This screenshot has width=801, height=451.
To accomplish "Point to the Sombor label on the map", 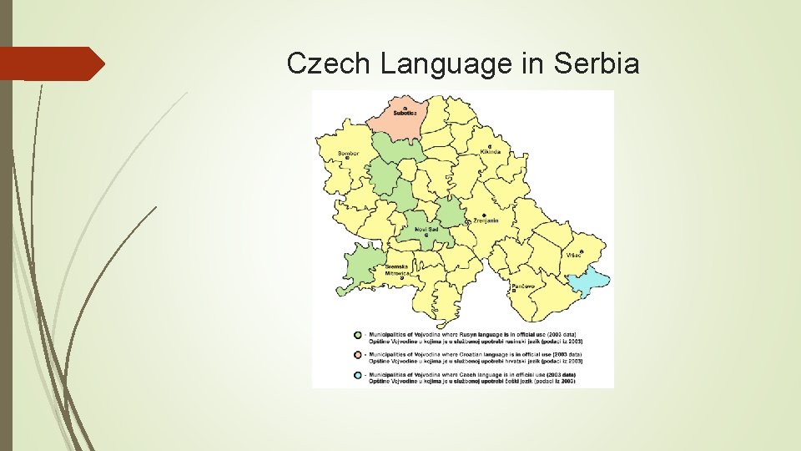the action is pyautogui.click(x=349, y=154).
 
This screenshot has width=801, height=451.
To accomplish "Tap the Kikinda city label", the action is pyautogui.click(x=491, y=152).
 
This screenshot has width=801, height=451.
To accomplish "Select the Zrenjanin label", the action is pyautogui.click(x=486, y=220).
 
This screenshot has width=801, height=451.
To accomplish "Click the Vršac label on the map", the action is pyautogui.click(x=575, y=255).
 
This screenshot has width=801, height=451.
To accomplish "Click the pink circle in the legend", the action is pyautogui.click(x=357, y=356).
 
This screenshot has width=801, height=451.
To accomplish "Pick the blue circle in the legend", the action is pyautogui.click(x=357, y=376).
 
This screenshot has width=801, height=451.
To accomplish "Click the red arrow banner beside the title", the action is pyautogui.click(x=52, y=63).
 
